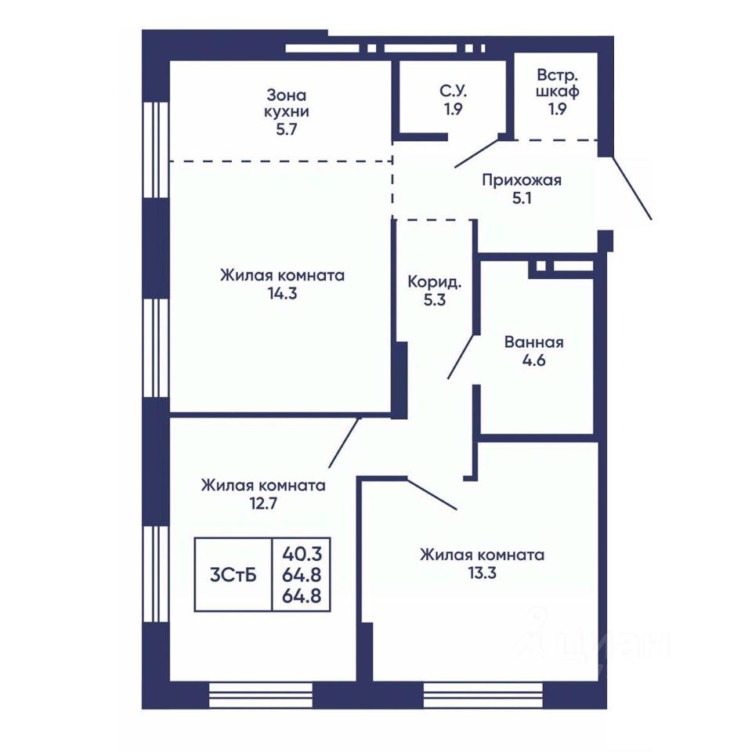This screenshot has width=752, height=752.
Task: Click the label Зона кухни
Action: tap(287, 103)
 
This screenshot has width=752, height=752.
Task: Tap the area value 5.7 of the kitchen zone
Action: tap(287, 129)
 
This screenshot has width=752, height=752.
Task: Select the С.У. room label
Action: tap(453, 91)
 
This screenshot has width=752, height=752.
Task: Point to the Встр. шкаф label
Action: tap(557, 83)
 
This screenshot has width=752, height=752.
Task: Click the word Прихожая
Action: tap(522, 180)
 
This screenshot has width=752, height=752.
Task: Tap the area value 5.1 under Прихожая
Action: tap(522, 197)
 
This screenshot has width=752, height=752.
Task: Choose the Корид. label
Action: tap(435, 281)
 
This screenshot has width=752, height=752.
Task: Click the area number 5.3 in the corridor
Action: tap(435, 300)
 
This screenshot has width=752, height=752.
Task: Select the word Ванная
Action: tap(533, 342)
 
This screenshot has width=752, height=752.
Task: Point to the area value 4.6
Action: tap(533, 360)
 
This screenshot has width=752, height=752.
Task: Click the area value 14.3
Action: tap(283, 294)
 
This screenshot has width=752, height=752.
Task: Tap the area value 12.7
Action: tap(263, 504)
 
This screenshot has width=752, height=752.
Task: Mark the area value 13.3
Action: tap(482, 573)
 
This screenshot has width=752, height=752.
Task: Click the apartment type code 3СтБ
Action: tap(233, 574)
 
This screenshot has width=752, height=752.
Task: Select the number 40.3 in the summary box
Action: tap(302, 555)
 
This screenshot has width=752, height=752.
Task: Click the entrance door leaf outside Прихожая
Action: tap(631, 187)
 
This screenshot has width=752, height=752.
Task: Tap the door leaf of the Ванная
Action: tap(461, 356)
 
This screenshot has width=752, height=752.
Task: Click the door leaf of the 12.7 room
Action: tap(345, 442)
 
